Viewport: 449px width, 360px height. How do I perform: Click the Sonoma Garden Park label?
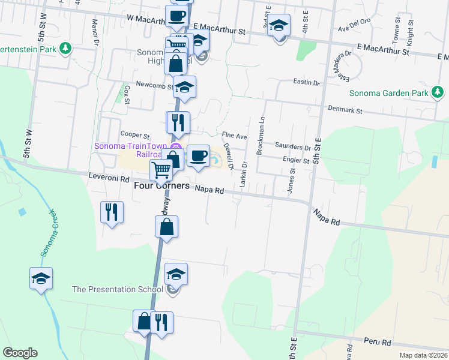(x=390, y=93)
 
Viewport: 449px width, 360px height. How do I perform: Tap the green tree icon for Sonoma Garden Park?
(x=439, y=92)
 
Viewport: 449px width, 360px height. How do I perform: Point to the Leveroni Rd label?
(x=109, y=179)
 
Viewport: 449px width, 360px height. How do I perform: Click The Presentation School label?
(x=117, y=289)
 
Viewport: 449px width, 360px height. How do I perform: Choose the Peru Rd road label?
(x=378, y=342)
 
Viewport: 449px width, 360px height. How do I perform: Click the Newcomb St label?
(x=154, y=85)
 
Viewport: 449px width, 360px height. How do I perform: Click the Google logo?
(x=20, y=353)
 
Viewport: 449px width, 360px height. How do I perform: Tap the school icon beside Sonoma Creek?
(x=41, y=278)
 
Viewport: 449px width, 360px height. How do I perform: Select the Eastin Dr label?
(x=306, y=82)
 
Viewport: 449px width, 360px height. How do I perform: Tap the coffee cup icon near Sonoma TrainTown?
(x=198, y=156)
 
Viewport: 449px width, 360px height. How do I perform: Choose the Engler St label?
(x=295, y=161)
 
